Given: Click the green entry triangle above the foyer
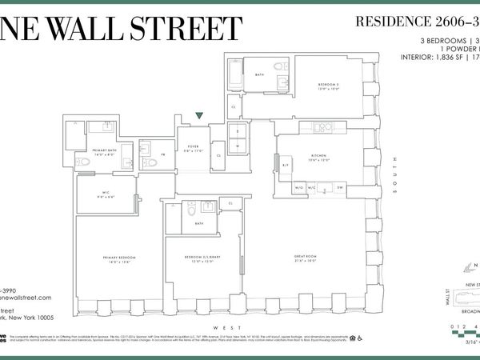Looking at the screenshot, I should click(x=198, y=116).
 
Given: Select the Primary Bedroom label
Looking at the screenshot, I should click(x=118, y=258).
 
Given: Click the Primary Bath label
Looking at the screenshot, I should click(x=105, y=151).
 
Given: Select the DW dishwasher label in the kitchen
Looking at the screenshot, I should click(x=340, y=188).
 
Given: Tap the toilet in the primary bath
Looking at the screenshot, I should click(x=84, y=162).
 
